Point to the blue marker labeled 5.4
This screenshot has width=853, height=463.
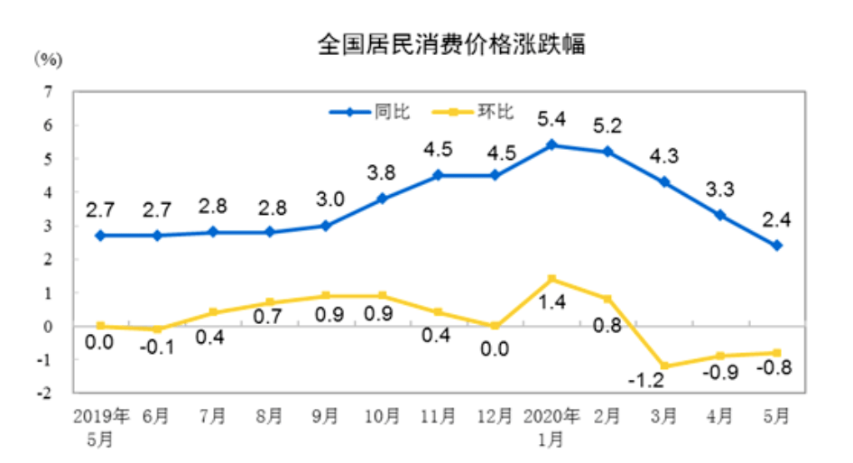552,144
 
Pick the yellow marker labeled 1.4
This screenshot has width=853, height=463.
552,279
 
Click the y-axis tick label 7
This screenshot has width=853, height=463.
47,91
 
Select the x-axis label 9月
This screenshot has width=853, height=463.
326,418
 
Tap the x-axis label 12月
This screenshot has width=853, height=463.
494,418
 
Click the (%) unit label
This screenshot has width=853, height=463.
48,60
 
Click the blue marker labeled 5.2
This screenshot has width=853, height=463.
607,152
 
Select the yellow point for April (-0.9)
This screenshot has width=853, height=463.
719,356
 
